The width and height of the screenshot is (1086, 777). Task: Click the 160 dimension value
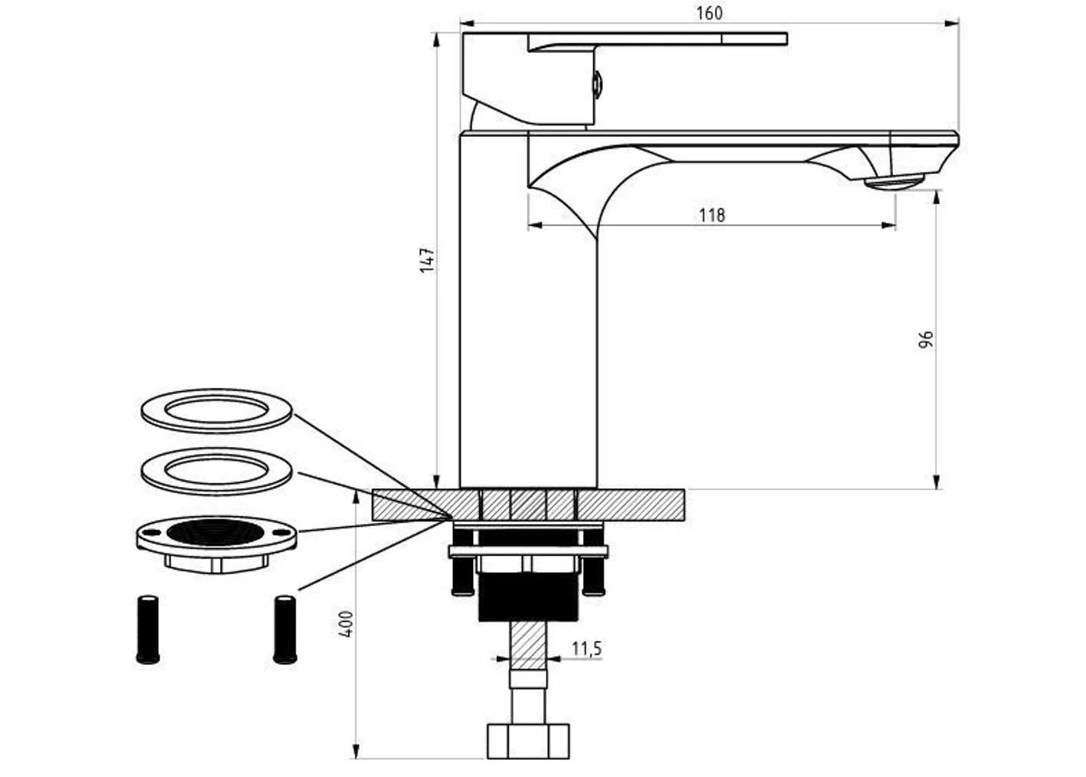pyautogui.click(x=708, y=13)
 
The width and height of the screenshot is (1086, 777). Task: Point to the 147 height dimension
pyautogui.click(x=428, y=259)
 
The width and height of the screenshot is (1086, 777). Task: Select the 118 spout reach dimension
pyautogui.click(x=711, y=215)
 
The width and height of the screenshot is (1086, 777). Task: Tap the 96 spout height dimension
pyautogui.click(x=926, y=339)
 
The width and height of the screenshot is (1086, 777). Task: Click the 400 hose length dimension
pyautogui.click(x=346, y=623)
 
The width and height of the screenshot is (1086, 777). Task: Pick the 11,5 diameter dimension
pyautogui.click(x=586, y=649)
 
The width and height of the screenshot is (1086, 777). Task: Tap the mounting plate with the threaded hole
pyautogui.click(x=216, y=539)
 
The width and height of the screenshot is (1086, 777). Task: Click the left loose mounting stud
pyautogui.click(x=148, y=629)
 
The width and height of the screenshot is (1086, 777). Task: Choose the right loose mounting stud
pyautogui.click(x=285, y=629)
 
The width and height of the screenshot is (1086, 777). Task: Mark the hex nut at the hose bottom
pyautogui.click(x=528, y=740)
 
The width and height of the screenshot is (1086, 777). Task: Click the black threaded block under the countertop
pyautogui.click(x=528, y=596)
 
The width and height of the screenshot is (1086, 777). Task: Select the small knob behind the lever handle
pyautogui.click(x=597, y=83)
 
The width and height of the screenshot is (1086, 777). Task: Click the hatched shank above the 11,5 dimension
pyautogui.click(x=528, y=642)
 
